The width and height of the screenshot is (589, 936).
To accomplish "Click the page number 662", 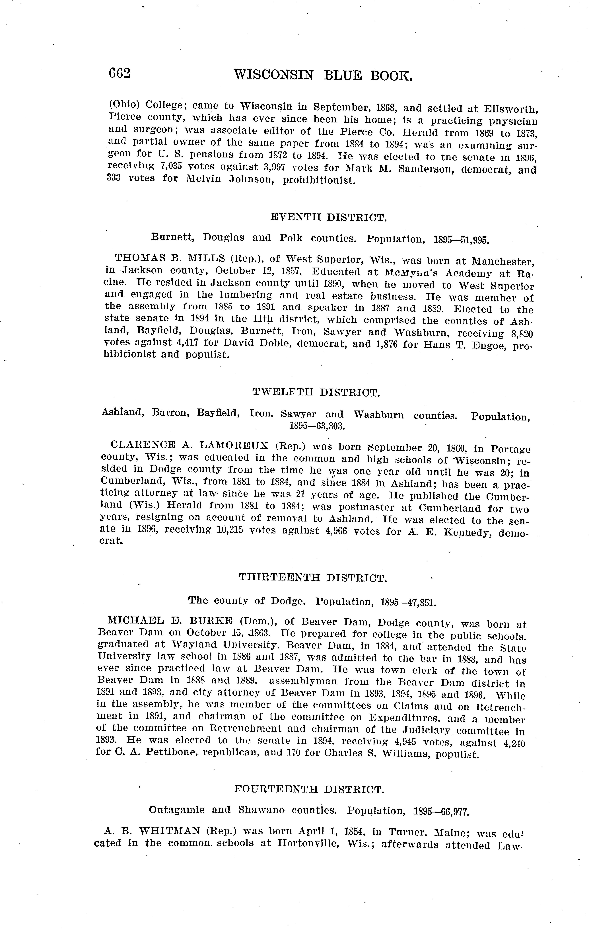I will click(x=119, y=73).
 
